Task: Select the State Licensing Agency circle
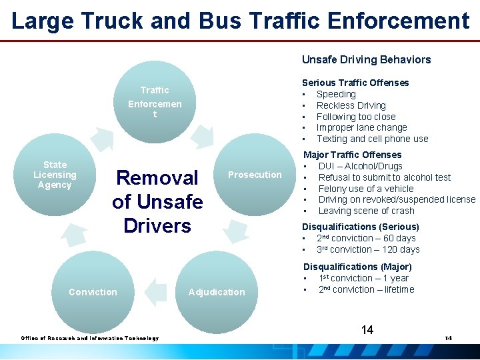pyautogui.click(x=55, y=175)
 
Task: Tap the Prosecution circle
pyautogui.click(x=255, y=175)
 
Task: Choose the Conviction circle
pyautogui.click(x=93, y=292)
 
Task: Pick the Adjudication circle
pyautogui.click(x=217, y=292)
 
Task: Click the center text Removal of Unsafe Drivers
pyautogui.click(x=157, y=201)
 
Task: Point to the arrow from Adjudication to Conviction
pyautogui.click(x=155, y=291)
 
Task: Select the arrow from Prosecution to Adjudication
pyautogui.click(x=235, y=230)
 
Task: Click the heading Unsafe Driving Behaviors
pyautogui.click(x=366, y=59)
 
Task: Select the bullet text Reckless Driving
pyautogui.click(x=351, y=105)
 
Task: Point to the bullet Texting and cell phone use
pyautogui.click(x=372, y=139)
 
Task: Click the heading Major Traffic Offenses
pyautogui.click(x=351, y=155)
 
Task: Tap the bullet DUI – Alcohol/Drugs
pyautogui.click(x=360, y=166)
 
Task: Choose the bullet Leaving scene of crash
pyautogui.click(x=366, y=211)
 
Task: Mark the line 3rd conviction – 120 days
pyautogui.click(x=368, y=249)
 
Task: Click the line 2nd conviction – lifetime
pyautogui.click(x=366, y=289)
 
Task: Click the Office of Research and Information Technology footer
pyautogui.click(x=90, y=338)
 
